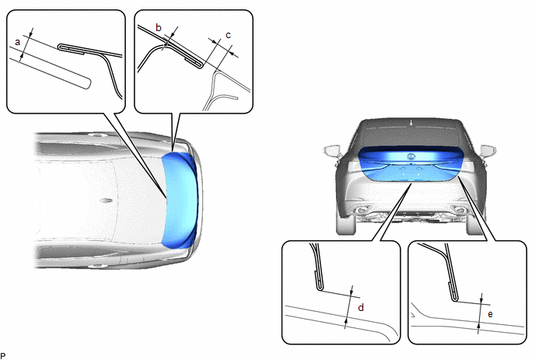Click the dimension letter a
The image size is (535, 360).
pos(18,42)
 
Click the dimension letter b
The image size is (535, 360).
pos(159,28)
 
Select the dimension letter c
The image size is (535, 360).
pos(229,35)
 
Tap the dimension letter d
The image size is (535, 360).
pos(361,307)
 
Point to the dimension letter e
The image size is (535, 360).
pos(491,314)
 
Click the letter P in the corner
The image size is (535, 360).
pos(3,356)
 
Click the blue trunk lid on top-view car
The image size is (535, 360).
pos(180,201)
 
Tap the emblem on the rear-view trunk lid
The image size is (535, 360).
pos(411,156)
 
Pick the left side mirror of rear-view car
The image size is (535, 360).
pos(332,151)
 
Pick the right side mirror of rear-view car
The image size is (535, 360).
pos(488,151)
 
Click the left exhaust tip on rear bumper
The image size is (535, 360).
pos(362,209)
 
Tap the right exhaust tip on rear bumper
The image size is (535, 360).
pos(459,210)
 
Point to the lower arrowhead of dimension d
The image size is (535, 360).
pos(346,321)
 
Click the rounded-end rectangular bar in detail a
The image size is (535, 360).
pos(50,68)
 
